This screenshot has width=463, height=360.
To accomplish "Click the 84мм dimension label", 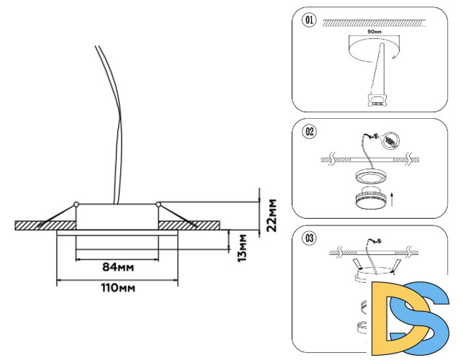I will tap(118, 267).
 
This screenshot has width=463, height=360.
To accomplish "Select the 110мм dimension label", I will tap(118, 288).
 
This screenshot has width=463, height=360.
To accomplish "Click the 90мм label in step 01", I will tap(374, 33).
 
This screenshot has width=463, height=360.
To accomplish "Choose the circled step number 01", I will tap(310, 20).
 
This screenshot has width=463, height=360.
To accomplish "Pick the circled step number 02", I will tap(310, 132).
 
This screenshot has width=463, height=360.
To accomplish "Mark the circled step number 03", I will tap(310, 238).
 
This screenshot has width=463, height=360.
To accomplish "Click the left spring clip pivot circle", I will tap(76, 204).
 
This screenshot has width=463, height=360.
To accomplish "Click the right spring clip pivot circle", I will tap(158, 204).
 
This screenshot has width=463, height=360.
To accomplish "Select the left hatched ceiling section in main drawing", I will tap(36, 225).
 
